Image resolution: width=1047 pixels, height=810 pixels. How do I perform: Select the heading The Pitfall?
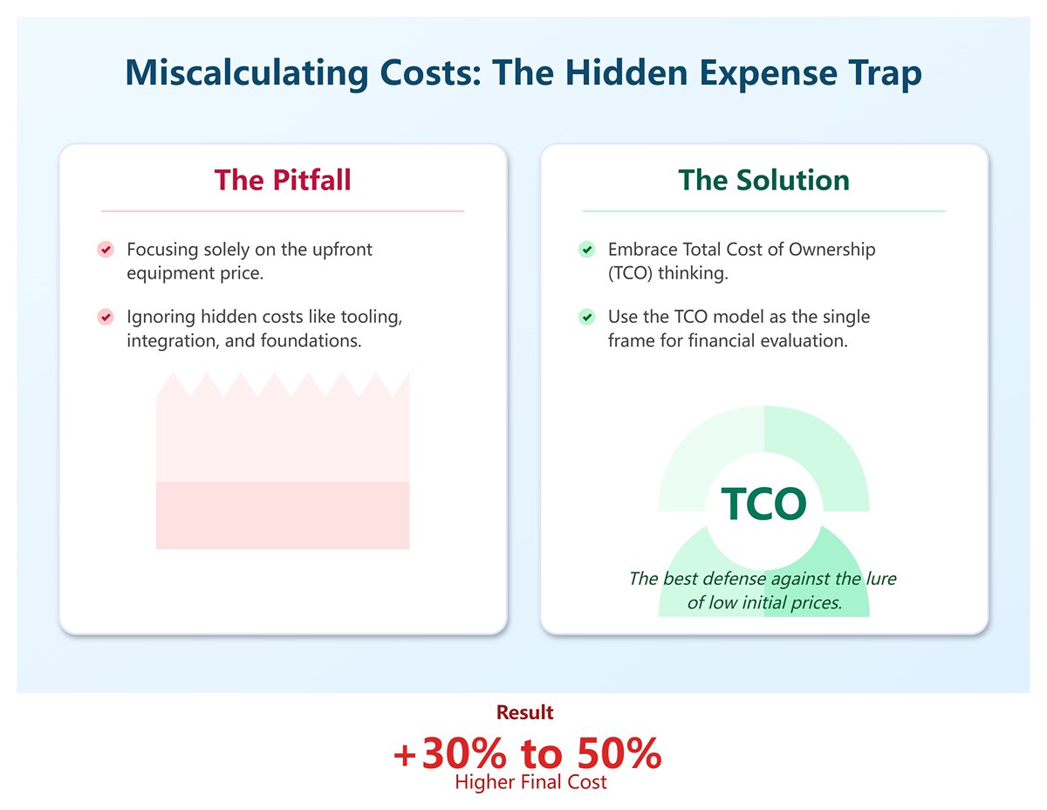click(x=283, y=180)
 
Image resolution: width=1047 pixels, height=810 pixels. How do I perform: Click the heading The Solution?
click(x=763, y=180)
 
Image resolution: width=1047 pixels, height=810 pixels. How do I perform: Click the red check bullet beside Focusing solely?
click(x=106, y=250)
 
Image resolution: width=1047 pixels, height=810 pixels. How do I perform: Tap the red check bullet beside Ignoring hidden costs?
click(x=106, y=317)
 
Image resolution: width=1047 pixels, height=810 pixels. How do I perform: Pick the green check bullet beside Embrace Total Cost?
click(x=587, y=250)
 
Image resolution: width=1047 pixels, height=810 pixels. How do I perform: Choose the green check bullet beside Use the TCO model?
click(x=587, y=317)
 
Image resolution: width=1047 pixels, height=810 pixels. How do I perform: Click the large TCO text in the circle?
click(x=763, y=504)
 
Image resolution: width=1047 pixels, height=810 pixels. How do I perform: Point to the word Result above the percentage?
click(x=524, y=712)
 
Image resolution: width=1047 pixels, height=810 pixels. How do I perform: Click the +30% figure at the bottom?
click(x=445, y=753)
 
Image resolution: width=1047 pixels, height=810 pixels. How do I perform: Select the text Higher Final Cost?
click(x=530, y=781)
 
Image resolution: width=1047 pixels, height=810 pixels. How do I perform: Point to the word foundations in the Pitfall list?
click(x=310, y=340)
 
